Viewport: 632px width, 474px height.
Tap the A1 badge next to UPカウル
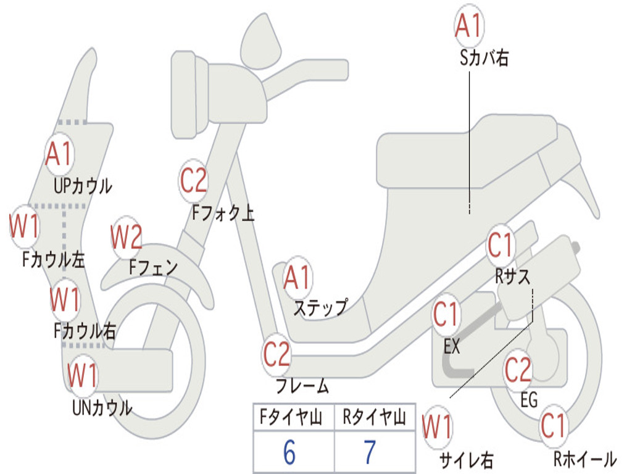coord(59,154)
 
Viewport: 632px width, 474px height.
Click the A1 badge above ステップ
coord(297,278)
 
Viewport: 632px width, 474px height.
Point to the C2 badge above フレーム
coord(277,354)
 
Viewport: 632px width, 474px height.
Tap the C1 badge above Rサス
coord(501,246)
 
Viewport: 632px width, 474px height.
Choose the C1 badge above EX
coord(446,315)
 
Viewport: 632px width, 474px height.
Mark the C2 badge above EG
coord(518,369)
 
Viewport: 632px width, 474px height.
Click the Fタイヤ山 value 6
coord(289,452)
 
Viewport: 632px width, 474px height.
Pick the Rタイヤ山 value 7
coord(370,452)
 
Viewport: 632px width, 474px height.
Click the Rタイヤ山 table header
coord(374,418)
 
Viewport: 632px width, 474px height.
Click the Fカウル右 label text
coord(85,331)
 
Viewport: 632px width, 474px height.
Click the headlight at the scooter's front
coord(184,94)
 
